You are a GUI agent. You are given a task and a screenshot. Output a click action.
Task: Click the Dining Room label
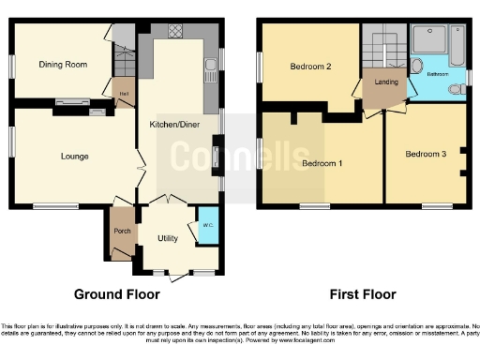(57, 65)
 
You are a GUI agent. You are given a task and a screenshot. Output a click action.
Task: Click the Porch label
(121, 231)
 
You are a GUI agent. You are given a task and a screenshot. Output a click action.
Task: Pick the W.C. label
(206, 225)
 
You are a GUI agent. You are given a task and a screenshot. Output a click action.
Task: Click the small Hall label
(124, 94)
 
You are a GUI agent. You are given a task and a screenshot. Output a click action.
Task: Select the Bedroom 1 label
(322, 164)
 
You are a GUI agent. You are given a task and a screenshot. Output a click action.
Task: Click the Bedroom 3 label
(426, 154)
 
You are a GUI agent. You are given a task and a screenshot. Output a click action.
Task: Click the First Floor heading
(364, 293)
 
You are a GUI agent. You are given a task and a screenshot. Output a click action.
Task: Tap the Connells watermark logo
(239, 155)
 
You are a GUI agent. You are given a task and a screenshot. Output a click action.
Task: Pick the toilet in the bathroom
(457, 90)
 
